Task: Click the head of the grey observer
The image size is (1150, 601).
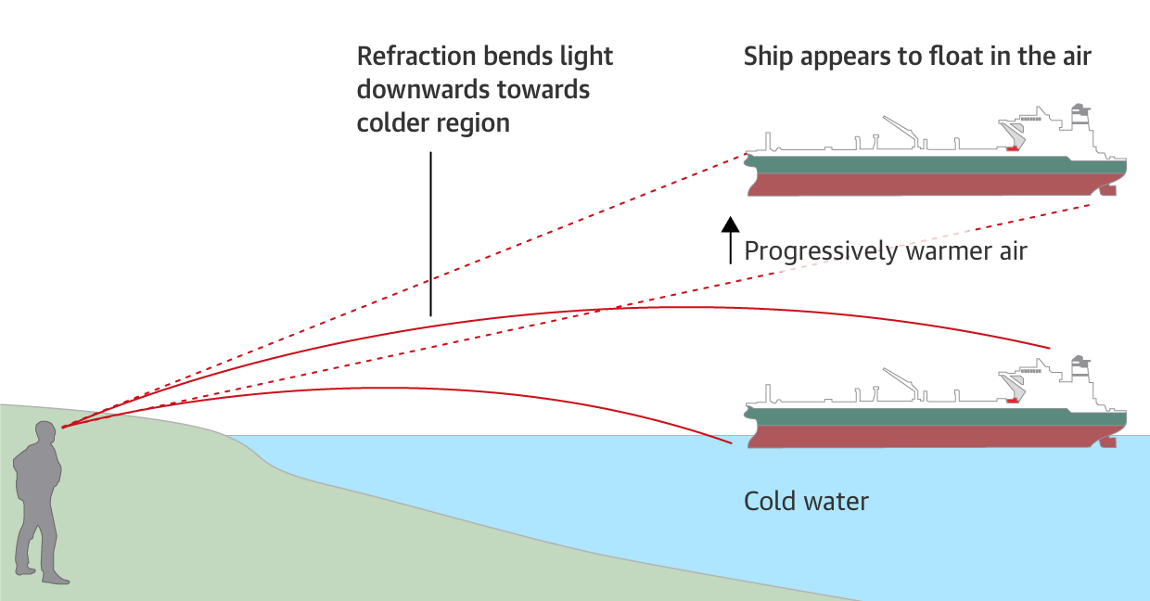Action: click(x=45, y=432)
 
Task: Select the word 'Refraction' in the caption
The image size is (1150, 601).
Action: click(x=415, y=56)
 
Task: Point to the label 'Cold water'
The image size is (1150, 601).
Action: click(x=806, y=502)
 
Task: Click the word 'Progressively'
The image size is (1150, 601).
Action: click(x=821, y=251)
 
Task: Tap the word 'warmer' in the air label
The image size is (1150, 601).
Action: click(x=943, y=251)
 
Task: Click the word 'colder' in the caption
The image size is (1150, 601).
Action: click(x=390, y=123)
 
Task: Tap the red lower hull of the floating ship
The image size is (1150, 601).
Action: click(x=927, y=185)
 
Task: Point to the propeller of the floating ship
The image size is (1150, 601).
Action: click(x=1105, y=191)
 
